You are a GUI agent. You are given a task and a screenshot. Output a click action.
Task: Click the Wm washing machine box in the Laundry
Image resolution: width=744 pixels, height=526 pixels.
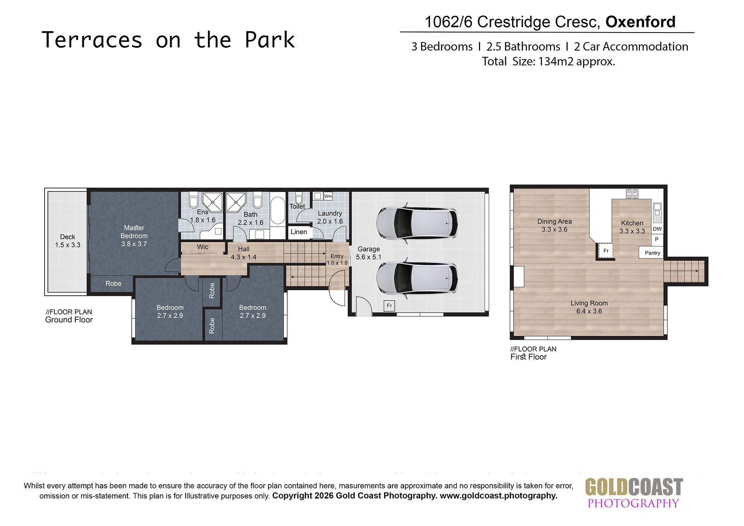click(328, 196)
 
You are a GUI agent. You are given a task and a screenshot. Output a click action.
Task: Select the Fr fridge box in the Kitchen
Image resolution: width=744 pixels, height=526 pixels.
click(606, 251)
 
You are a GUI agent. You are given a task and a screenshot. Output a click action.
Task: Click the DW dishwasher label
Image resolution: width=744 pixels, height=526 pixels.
click(657, 229)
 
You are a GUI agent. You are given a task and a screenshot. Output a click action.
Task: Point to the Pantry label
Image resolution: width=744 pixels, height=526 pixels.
click(652, 253)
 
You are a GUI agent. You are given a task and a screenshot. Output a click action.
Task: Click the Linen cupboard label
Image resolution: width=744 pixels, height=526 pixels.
click(299, 232)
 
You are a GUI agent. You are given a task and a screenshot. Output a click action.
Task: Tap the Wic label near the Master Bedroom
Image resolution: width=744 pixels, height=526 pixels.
click(203, 247)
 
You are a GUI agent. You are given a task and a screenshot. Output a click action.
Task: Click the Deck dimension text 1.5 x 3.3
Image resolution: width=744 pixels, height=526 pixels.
click(67, 245)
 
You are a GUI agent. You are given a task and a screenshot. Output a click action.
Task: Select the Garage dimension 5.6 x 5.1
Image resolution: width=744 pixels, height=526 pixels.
click(368, 257)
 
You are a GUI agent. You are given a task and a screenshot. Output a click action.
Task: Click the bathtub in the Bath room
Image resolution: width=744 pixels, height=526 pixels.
click(277, 211)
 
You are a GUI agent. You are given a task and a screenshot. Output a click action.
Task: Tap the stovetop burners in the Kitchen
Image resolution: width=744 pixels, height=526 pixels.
click(632, 193)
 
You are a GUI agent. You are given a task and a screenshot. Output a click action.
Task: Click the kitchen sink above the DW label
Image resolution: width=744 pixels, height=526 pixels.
click(657, 213)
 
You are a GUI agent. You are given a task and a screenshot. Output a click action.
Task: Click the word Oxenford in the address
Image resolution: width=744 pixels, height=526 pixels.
click(640, 22)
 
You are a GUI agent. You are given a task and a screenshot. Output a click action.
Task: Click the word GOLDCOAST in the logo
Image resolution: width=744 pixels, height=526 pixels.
click(634, 487)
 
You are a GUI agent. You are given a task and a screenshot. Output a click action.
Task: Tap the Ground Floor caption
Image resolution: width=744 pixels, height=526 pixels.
click(69, 320)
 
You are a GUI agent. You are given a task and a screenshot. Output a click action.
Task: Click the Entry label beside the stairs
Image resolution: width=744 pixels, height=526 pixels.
click(337, 256)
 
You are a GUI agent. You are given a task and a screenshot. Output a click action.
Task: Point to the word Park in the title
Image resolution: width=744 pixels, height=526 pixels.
click(270, 40)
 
